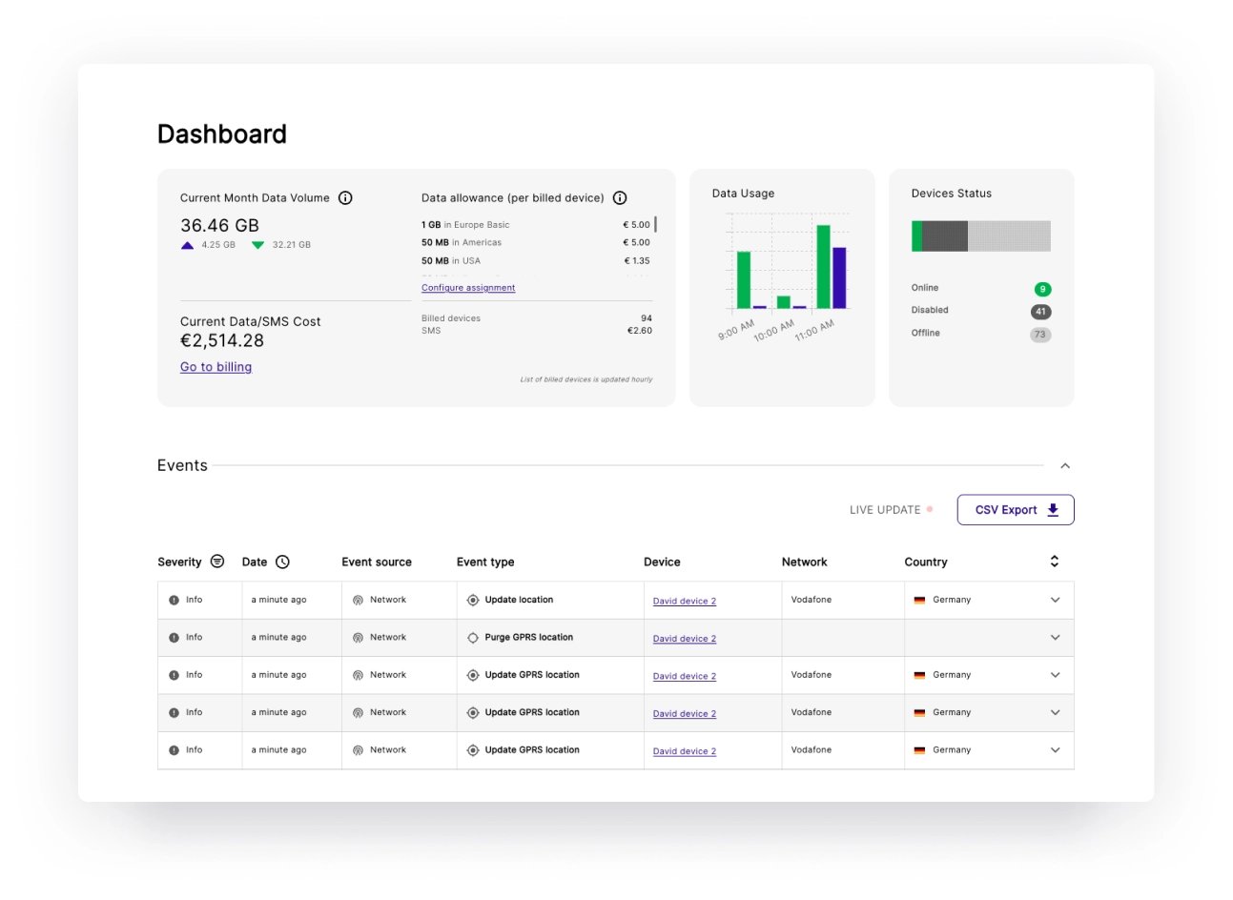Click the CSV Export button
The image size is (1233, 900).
tap(1015, 510)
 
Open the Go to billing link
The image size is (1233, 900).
tap(216, 367)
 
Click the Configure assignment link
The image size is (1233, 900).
tap(468, 288)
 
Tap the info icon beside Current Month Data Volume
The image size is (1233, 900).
tap(345, 198)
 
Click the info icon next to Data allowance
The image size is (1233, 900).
tap(620, 198)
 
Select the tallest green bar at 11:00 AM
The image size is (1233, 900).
tap(823, 267)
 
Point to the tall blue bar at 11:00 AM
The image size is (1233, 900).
tap(839, 277)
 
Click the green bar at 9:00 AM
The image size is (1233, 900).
tap(744, 279)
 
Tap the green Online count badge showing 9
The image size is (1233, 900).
tap(1042, 289)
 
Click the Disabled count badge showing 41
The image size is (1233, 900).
tap(1040, 312)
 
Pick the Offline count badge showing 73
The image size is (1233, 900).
tap(1040, 335)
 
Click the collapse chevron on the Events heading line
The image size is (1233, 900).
tap(1065, 466)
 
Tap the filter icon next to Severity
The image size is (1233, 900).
tap(217, 562)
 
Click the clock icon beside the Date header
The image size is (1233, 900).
tap(282, 562)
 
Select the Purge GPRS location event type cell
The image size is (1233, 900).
tap(528, 638)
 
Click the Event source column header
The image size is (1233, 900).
tap(377, 562)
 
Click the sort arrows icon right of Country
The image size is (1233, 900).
tap(1054, 562)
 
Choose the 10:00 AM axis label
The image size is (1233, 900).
tap(773, 331)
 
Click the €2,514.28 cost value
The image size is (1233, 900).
tap(222, 341)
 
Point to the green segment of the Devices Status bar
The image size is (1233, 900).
tap(916, 236)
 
